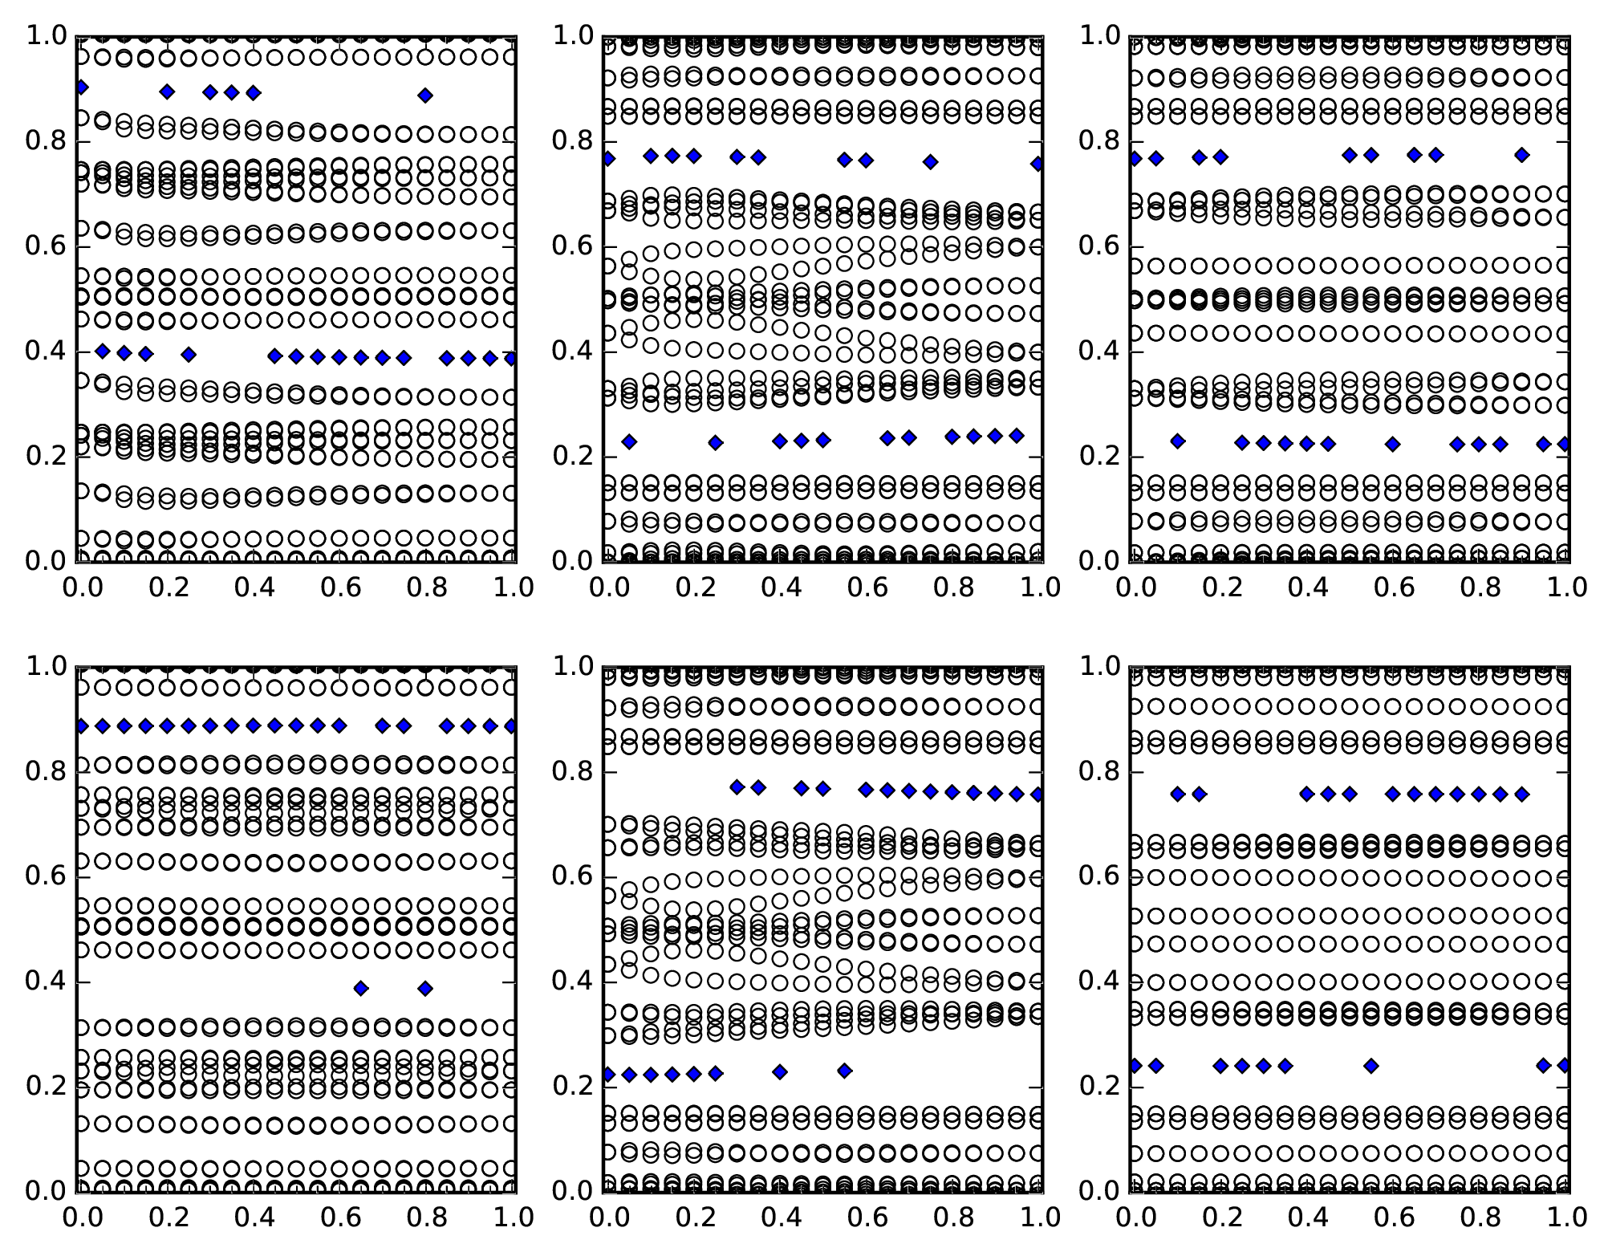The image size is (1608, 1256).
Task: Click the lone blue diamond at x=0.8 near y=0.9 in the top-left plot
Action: (425, 96)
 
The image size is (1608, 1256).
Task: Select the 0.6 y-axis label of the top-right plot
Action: (1098, 246)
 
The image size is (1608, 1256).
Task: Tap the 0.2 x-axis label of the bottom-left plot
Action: (167, 1218)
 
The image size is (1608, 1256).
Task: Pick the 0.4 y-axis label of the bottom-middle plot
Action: (572, 982)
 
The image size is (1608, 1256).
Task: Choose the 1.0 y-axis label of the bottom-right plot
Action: (1098, 667)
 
